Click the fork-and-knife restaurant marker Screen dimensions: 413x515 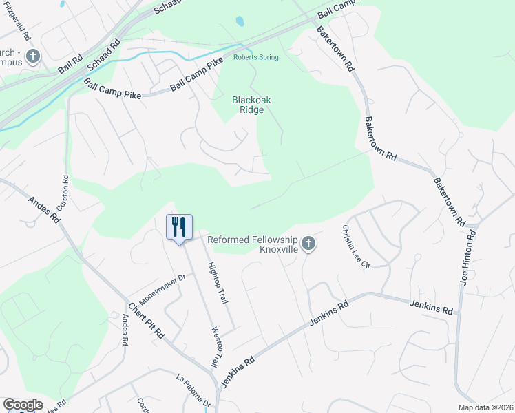click(179, 227)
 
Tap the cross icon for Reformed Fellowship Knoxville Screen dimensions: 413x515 click(308, 243)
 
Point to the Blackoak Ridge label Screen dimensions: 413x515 click(251, 105)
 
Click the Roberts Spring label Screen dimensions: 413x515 click(255, 57)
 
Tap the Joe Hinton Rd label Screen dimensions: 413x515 click(468, 259)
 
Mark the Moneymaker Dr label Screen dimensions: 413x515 click(163, 290)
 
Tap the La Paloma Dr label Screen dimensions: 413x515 click(193, 391)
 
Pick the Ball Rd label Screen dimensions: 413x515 click(70, 66)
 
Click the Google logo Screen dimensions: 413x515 click(22, 405)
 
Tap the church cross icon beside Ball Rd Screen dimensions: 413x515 click(32, 55)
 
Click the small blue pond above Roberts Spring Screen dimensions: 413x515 click(240, 21)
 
